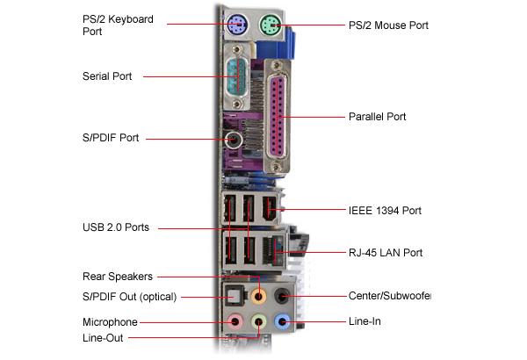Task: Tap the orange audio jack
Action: [x=258, y=297]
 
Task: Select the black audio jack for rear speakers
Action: [x=283, y=297]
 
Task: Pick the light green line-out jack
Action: [x=258, y=323]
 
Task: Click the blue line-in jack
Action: [x=282, y=322]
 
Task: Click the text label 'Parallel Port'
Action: [x=377, y=116]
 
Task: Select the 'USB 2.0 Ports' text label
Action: [x=115, y=227]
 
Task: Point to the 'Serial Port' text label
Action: [x=107, y=76]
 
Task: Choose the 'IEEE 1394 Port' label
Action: [x=385, y=211]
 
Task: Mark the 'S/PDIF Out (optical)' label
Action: [x=129, y=298]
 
